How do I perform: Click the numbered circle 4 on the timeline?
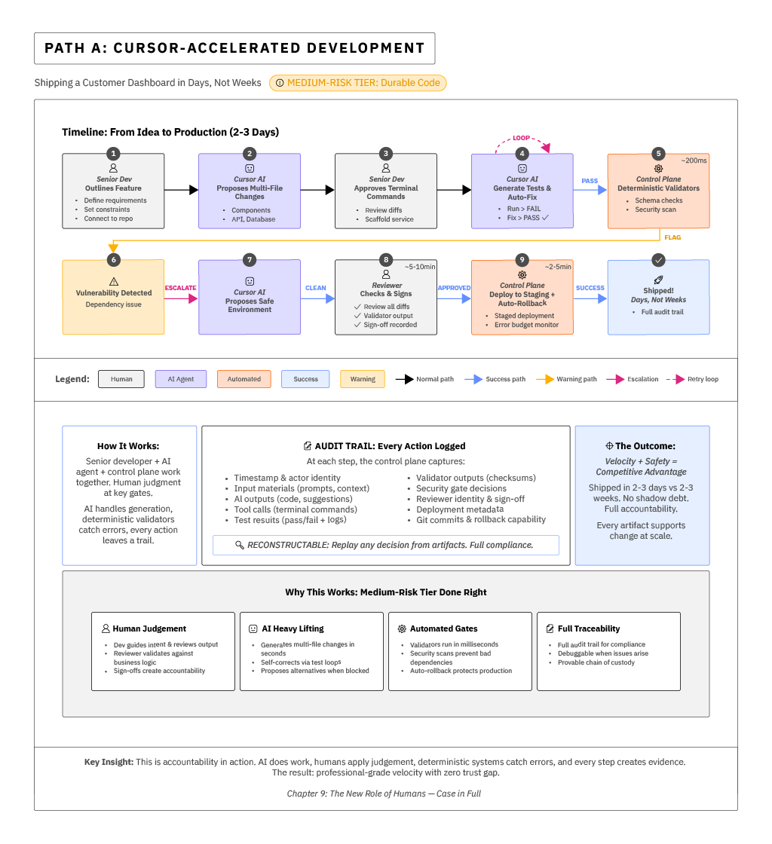[x=522, y=154]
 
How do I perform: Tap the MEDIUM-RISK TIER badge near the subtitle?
[x=357, y=83]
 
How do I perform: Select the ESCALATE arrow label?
[x=181, y=288]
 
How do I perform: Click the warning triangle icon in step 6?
[x=114, y=280]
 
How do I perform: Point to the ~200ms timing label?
[x=693, y=161]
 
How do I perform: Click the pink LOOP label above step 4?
[x=521, y=138]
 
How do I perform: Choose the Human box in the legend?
[x=121, y=379]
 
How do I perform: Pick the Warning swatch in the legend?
[x=363, y=379]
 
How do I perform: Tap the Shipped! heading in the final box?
[x=658, y=290]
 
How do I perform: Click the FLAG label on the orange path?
[x=672, y=237]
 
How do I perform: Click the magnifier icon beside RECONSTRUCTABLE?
[x=240, y=545]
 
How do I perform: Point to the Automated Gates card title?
[x=443, y=628]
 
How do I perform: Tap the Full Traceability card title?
[x=589, y=628]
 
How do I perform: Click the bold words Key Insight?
[x=109, y=762]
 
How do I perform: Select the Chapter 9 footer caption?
[x=384, y=794]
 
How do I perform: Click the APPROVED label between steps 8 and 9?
[x=454, y=288]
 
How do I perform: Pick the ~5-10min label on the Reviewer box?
[x=420, y=267]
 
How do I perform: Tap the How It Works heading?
[x=128, y=446]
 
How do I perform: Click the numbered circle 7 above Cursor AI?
[x=250, y=260]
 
